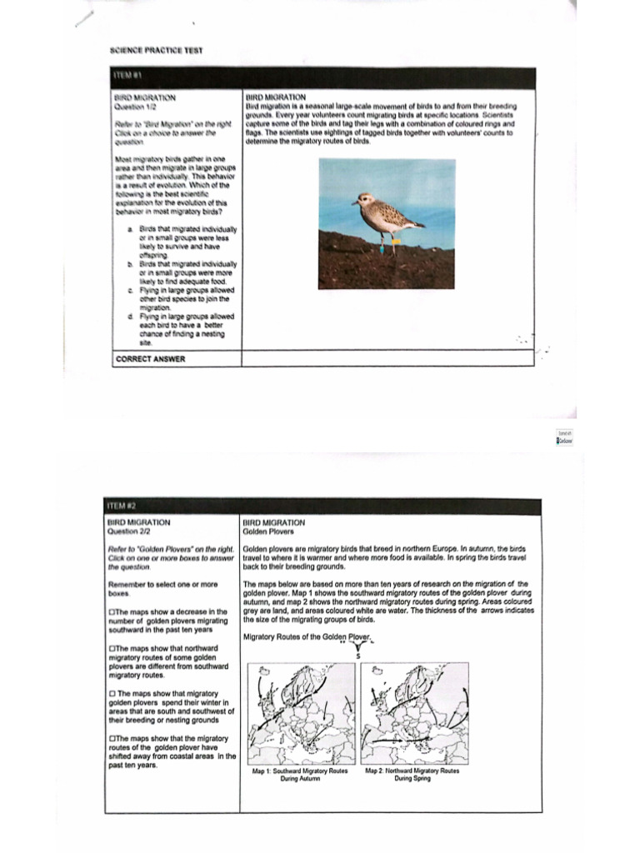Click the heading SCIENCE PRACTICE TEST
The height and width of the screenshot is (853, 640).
click(x=156, y=50)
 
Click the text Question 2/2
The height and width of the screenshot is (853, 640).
click(x=132, y=531)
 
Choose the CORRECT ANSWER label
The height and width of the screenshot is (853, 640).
click(x=150, y=359)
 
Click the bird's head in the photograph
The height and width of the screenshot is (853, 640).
click(x=363, y=201)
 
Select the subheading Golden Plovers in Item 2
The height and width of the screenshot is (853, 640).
click(x=262, y=531)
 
